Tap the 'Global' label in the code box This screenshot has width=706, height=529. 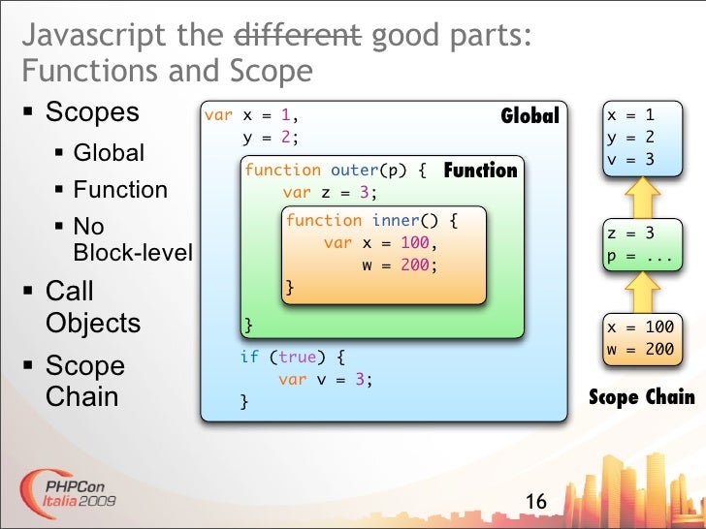pyautogui.click(x=529, y=116)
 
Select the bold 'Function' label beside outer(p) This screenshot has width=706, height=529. pyautogui.click(x=480, y=171)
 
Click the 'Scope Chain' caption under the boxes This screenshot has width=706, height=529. pyautogui.click(x=642, y=397)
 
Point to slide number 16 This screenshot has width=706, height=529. pyautogui.click(x=535, y=502)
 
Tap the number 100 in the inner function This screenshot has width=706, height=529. pyautogui.click(x=414, y=242)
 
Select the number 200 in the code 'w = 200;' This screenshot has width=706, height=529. pyautogui.click(x=414, y=264)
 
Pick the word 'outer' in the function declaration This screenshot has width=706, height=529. pyautogui.click(x=353, y=171)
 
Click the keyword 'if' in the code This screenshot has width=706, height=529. pyautogui.click(x=249, y=357)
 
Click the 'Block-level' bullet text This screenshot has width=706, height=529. pyautogui.click(x=133, y=254)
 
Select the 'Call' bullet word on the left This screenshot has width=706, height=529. pyautogui.click(x=70, y=292)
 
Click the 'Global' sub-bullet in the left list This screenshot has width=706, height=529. pyautogui.click(x=109, y=153)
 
